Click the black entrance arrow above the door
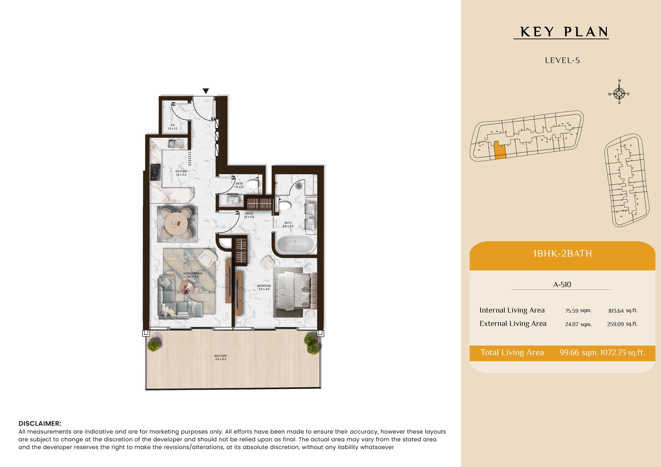click(x=206, y=91)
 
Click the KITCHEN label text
click(x=181, y=171)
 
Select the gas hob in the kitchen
click(x=155, y=172)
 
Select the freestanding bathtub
click(x=295, y=245)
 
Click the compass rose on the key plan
click(x=619, y=93)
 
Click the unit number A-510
click(x=562, y=284)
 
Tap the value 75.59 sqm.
click(x=578, y=310)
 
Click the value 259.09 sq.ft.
click(x=622, y=324)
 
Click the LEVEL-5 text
click(x=562, y=60)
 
